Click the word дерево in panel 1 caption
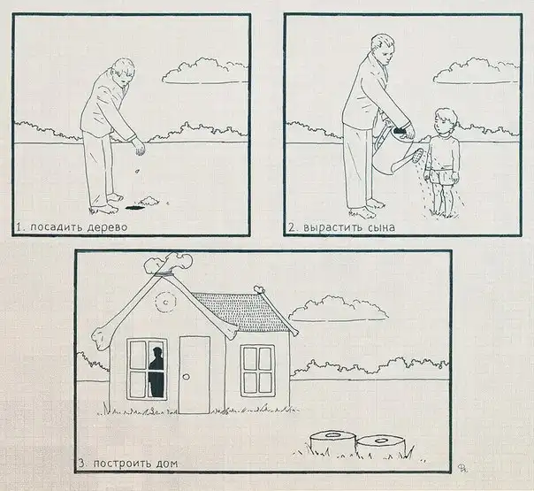tap(107, 227)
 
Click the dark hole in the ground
tap(133, 207)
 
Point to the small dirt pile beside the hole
tap(149, 200)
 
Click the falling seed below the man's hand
tap(137, 171)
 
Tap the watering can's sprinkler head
tap(416, 156)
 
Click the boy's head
tap(445, 121)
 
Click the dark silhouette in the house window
tap(156, 372)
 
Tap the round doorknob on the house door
tap(186, 377)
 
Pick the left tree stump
tap(332, 442)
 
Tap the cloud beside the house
tap(339, 309)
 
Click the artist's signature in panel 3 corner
tap(462, 467)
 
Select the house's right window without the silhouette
tap(258, 371)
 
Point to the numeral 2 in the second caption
tap(292, 227)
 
